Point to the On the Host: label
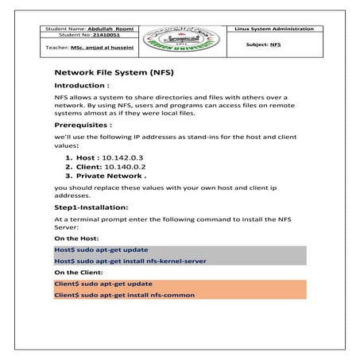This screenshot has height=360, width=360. (75, 238)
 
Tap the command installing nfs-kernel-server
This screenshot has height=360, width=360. (122, 260)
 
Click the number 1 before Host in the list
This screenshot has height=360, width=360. (68, 159)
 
